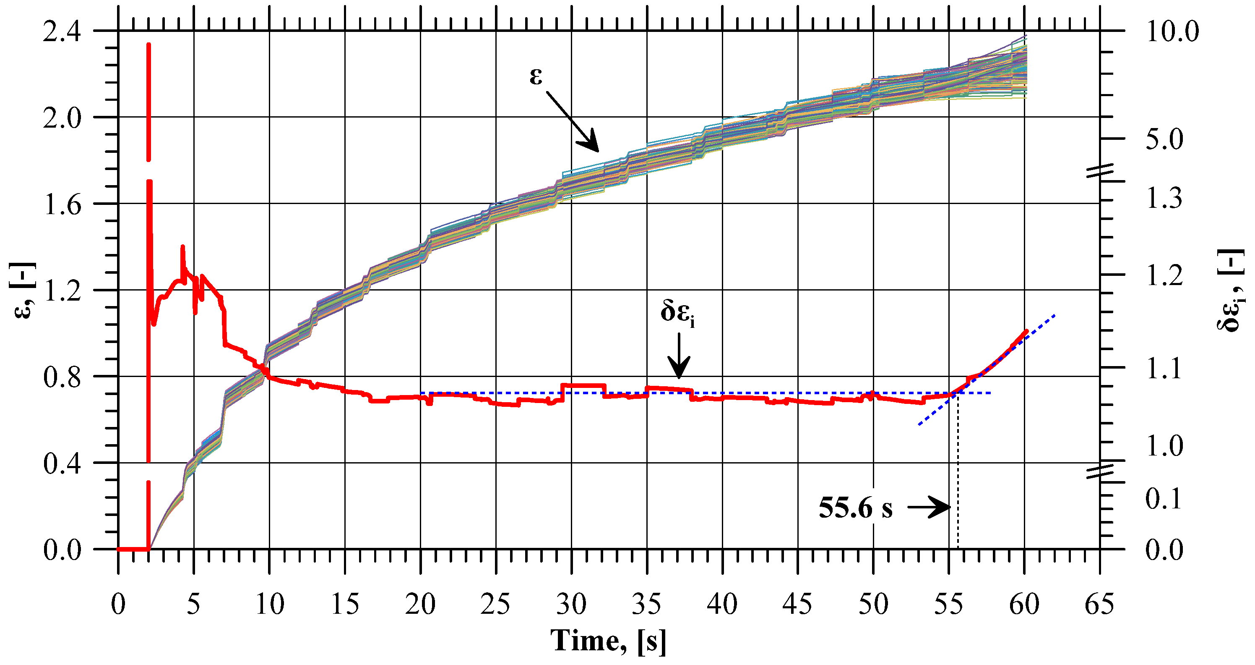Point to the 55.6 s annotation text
tap(856, 508)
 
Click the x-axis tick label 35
tap(646, 604)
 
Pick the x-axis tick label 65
tap(1099, 604)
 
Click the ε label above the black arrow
tap(536, 76)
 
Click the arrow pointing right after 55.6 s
tap(929, 508)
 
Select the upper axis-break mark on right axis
tap(1100, 171)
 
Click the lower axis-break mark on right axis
tap(1100, 471)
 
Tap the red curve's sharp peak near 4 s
tap(183, 247)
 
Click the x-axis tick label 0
tap(118, 604)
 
